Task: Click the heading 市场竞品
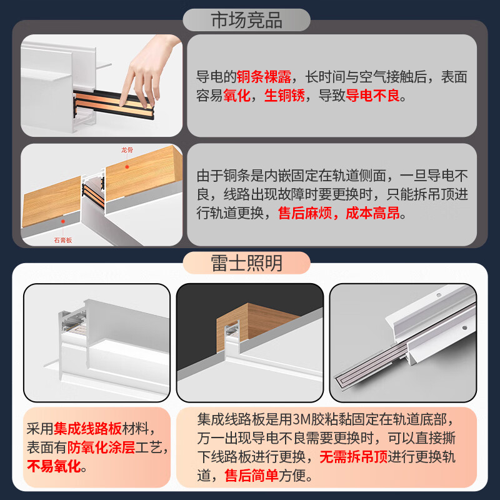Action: pos(246,20)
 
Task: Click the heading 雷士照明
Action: pos(246,263)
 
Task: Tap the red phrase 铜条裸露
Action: pos(264,77)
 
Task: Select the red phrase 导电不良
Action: pos(372,96)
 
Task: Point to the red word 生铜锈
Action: pos(284,96)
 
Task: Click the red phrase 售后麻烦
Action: pos(305,213)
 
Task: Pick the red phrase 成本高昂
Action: pos(372,213)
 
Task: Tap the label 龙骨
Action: pos(127,150)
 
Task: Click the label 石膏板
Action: pos(63,240)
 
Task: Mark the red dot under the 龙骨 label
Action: pos(127,167)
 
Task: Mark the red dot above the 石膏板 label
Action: pos(63,221)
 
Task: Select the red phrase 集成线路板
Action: pos(87,429)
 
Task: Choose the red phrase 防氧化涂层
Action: pos(101,447)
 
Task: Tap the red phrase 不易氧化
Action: pos(54,466)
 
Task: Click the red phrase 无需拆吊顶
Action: pos(354,457)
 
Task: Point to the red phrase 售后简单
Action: pos(251,476)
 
